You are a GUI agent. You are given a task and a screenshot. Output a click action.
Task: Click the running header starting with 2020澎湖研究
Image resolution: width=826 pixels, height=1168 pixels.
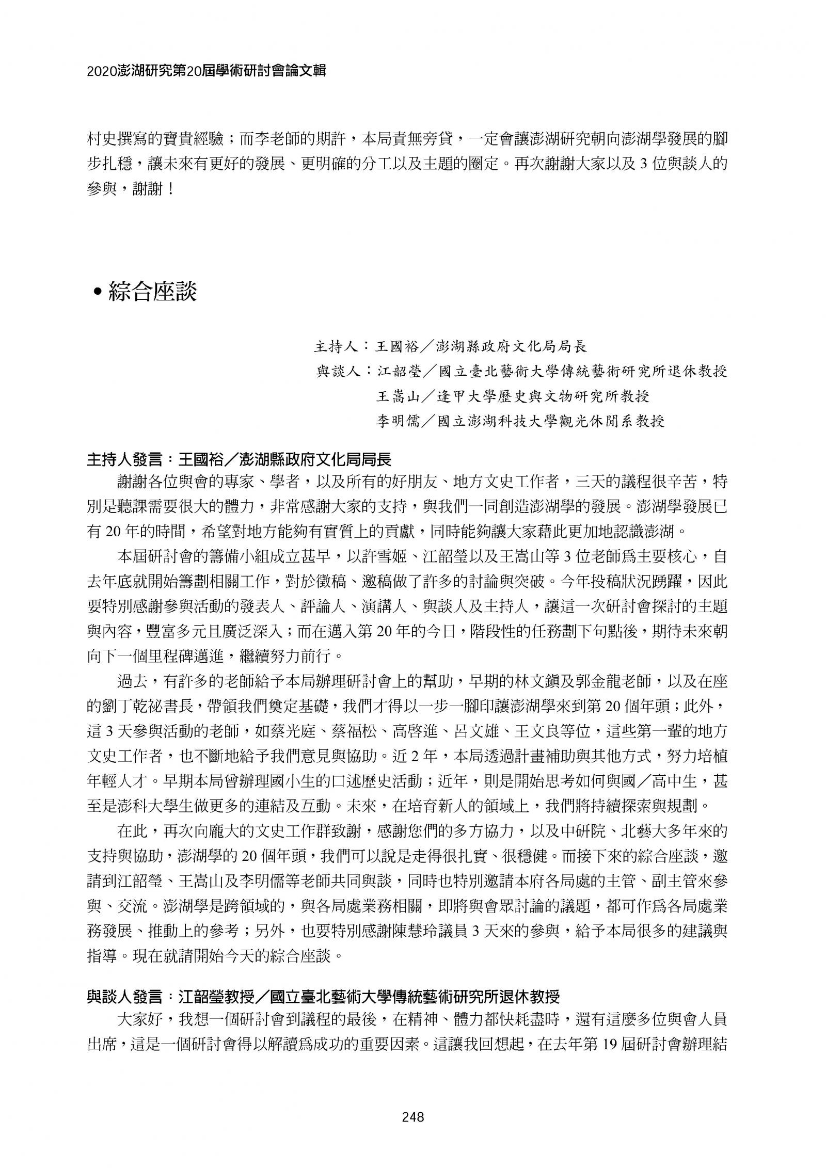point(206,71)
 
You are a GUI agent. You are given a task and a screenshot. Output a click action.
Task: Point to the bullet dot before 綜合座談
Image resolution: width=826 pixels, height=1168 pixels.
point(97,294)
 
